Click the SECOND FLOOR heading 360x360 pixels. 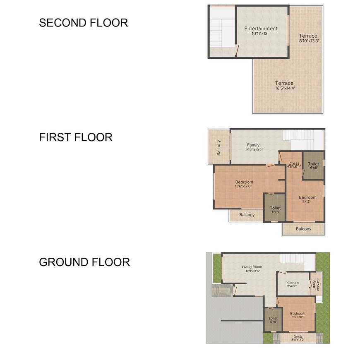coord(83,23)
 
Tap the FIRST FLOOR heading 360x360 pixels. coord(76,137)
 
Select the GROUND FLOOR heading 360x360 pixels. coord(84,262)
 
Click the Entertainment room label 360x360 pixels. coord(261,29)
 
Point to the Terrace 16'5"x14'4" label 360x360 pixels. coord(285,85)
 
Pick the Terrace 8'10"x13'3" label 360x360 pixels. coord(309,38)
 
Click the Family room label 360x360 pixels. coord(253,145)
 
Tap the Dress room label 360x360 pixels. coord(294,163)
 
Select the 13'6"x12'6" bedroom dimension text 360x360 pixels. coord(243,186)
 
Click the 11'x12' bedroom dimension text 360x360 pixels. coord(306,202)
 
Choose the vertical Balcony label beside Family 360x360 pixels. coord(218,148)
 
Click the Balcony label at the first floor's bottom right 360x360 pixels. coord(304,229)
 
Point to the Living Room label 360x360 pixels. coord(252,267)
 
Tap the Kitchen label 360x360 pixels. coord(293,283)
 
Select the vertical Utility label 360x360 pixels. coord(314,285)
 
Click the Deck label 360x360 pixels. coord(298,336)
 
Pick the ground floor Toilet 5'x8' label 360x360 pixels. coord(273,320)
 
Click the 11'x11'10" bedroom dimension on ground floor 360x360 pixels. coord(298,317)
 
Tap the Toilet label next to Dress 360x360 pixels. coord(313,164)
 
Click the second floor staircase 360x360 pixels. coord(222,28)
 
